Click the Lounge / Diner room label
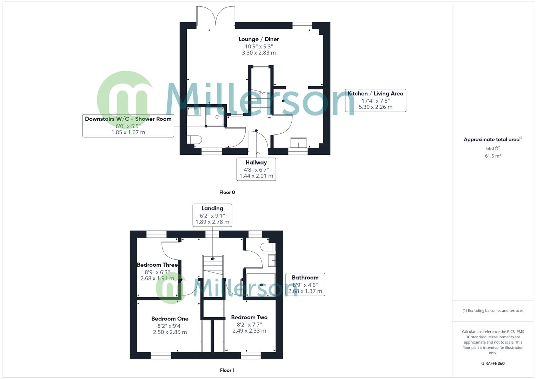click(x=259, y=39)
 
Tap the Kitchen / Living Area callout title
click(x=375, y=94)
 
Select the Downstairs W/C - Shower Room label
click(x=128, y=119)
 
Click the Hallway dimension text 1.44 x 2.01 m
click(x=256, y=176)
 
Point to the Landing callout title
click(x=212, y=208)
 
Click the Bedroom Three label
click(x=157, y=265)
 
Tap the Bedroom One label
click(x=170, y=319)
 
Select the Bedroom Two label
click(x=249, y=317)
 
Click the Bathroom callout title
click(x=305, y=278)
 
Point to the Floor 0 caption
click(x=227, y=192)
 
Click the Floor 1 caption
click(x=227, y=370)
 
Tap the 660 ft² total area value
click(x=493, y=148)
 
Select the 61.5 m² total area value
click(x=493, y=156)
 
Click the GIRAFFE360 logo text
click(x=493, y=364)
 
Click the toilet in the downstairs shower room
click(x=194, y=139)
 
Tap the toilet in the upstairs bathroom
click(x=268, y=247)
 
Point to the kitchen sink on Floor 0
click(x=298, y=142)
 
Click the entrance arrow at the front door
click(x=258, y=154)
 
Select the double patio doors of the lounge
click(x=216, y=16)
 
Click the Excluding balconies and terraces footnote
click(x=493, y=311)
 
